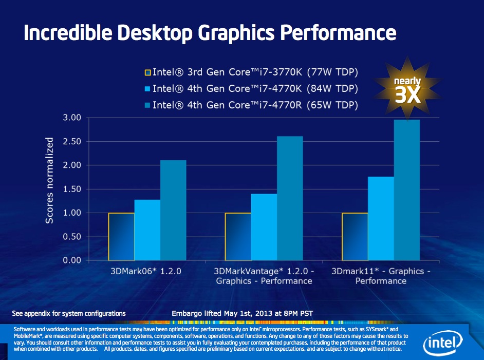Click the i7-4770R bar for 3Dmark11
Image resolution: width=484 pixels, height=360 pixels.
(406, 190)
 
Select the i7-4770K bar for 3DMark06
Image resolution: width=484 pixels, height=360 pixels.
(147, 230)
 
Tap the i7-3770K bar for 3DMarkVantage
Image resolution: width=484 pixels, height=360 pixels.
(238, 236)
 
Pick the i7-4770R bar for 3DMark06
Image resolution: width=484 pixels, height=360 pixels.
(173, 210)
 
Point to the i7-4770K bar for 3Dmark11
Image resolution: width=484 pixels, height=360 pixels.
(380, 218)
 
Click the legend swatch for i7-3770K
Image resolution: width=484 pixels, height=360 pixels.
(147, 71)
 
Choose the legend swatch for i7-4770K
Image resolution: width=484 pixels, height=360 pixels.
(147, 88)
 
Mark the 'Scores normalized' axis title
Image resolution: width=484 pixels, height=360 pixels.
(49, 180)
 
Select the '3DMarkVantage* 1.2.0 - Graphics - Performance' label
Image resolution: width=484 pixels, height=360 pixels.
(264, 275)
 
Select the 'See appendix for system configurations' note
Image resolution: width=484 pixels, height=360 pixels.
(69, 313)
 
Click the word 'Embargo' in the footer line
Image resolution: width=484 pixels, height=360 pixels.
(186, 313)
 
